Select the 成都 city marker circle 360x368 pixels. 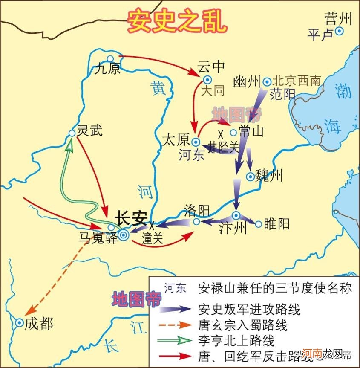(x=20, y=323)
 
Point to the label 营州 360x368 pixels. (x=338, y=18)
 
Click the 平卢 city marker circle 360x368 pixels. (x=340, y=31)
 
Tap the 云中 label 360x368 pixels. (x=211, y=67)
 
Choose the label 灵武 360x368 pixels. (x=89, y=131)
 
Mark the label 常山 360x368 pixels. (x=252, y=132)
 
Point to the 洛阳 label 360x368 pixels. (x=197, y=210)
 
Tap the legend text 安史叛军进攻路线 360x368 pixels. (x=249, y=309)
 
